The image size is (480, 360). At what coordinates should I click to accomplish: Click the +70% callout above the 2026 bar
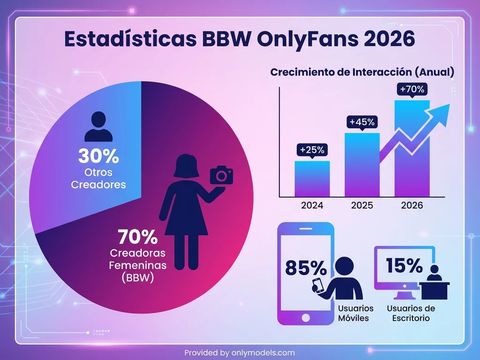coord(412,89)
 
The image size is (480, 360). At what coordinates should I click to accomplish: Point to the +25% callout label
coord(312,150)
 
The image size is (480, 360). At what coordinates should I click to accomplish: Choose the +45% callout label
coord(362,122)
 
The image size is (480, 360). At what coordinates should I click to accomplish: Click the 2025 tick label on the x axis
coord(362,205)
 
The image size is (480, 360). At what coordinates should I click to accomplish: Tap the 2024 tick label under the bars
coord(312,205)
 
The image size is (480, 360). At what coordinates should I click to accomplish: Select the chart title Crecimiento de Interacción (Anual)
coord(362,73)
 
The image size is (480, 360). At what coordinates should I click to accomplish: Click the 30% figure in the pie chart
coord(98,156)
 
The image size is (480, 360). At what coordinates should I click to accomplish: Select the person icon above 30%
coord(98,127)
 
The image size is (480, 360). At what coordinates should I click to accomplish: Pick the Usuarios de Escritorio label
coord(411,313)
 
